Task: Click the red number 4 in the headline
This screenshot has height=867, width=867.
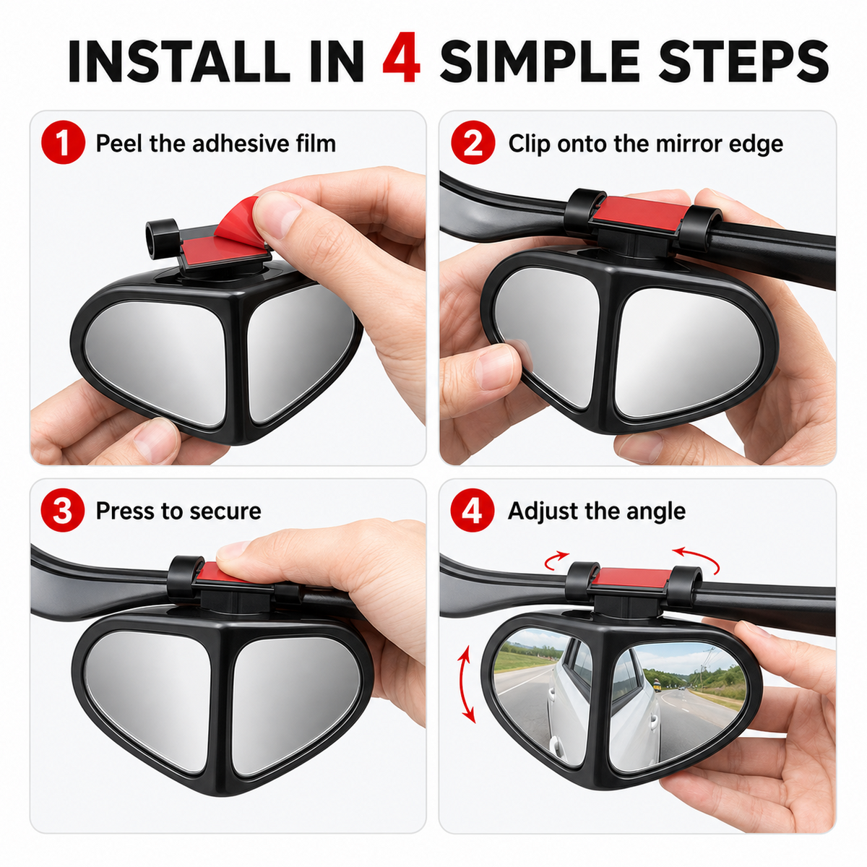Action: [401, 58]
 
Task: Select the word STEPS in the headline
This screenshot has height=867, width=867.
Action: [743, 61]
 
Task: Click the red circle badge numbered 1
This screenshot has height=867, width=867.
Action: [63, 142]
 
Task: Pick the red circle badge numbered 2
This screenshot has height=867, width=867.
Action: [473, 142]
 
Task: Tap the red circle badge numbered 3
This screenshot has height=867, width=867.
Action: [63, 510]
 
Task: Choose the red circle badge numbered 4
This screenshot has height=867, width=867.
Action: [473, 510]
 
